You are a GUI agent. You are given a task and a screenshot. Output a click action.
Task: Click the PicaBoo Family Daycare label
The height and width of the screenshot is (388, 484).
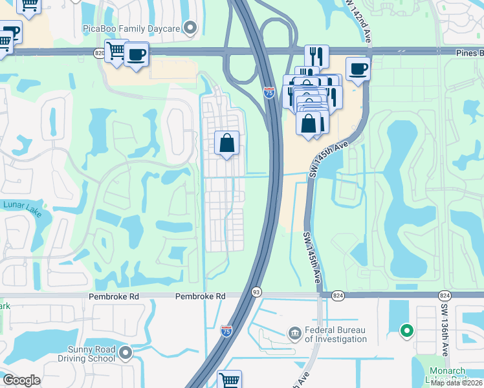[x=132, y=28]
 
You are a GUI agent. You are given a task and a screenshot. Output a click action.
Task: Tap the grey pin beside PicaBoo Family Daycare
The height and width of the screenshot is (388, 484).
[x=190, y=28]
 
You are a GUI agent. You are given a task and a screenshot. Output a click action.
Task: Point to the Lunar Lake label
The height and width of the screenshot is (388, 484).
[x=22, y=205]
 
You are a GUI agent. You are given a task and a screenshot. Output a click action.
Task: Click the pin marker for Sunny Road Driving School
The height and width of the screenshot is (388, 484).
[x=126, y=353]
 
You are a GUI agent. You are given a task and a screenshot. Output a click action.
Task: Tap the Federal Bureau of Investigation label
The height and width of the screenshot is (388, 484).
[x=336, y=334]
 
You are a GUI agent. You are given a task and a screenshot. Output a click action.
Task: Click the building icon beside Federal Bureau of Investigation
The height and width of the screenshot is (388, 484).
[x=294, y=333]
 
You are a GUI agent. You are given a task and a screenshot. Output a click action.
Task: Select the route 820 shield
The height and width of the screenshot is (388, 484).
[x=99, y=54]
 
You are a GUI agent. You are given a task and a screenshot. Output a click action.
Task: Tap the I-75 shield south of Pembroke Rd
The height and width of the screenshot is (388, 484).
[x=226, y=331]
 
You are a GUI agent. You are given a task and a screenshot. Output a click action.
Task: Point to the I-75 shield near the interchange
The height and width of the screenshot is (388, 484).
[x=269, y=93]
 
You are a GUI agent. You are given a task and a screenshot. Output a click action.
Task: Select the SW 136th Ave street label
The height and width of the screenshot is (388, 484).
[x=445, y=330]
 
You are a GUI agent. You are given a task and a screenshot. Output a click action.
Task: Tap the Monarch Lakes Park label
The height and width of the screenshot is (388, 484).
[x=448, y=375]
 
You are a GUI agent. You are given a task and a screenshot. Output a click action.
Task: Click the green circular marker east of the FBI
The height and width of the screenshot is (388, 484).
[x=407, y=331]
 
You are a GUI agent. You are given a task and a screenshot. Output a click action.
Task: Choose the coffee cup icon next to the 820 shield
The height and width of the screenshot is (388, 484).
[x=137, y=55]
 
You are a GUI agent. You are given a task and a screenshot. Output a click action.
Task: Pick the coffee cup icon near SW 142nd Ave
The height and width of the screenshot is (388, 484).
[x=358, y=69]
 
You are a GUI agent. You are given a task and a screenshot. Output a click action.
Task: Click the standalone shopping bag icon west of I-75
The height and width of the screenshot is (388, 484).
[x=227, y=143]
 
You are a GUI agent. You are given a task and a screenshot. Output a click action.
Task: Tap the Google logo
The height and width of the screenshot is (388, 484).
[x=21, y=380]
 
